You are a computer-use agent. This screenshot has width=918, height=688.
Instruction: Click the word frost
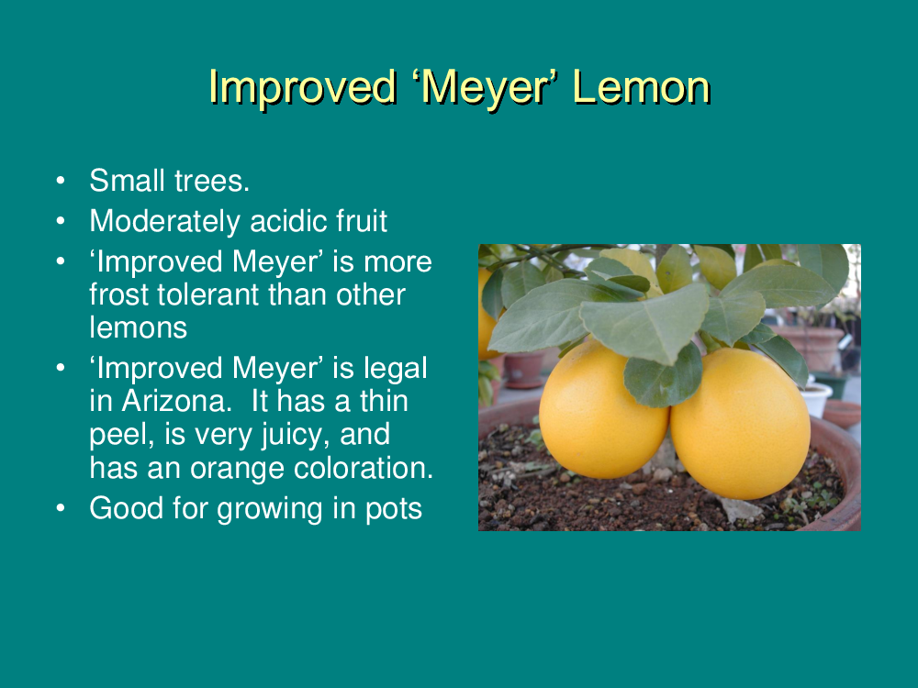pyautogui.click(x=118, y=294)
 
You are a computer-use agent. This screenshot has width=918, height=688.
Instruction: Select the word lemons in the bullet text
pyautogui.click(x=139, y=327)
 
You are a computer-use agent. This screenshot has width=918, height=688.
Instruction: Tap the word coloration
pyautogui.click(x=363, y=468)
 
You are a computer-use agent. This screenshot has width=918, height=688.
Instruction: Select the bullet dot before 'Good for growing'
pyautogui.click(x=61, y=508)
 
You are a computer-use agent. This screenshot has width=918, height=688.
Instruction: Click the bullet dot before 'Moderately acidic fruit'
pyautogui.click(x=61, y=221)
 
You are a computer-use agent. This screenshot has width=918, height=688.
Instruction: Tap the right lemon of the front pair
pyautogui.click(x=741, y=422)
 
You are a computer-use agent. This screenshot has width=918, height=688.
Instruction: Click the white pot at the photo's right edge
pyautogui.click(x=817, y=399)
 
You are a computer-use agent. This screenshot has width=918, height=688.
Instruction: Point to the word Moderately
pyautogui.click(x=165, y=222)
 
